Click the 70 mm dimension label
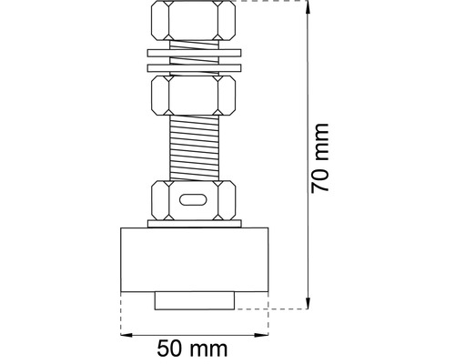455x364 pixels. tap(320, 158)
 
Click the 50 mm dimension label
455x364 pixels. tap(192, 349)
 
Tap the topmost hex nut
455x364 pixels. tap(194, 20)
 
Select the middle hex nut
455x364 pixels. tap(194, 96)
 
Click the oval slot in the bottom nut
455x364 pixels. tap(193, 200)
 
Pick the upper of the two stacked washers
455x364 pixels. tap(195, 53)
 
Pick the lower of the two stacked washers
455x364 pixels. tap(195, 68)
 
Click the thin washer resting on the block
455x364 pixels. tap(195, 224)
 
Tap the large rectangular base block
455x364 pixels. tap(195, 259)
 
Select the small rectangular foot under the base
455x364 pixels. tap(195, 300)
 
